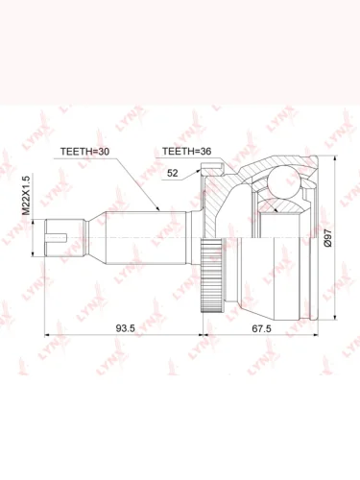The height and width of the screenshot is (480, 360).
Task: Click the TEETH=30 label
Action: (84, 152)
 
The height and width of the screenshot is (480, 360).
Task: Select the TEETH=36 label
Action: (186, 152)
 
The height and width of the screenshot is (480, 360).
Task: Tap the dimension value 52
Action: (172, 173)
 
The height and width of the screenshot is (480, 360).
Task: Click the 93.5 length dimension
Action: (126, 328)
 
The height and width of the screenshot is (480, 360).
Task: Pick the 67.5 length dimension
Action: (261, 328)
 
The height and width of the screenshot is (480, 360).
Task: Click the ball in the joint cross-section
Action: (284, 182)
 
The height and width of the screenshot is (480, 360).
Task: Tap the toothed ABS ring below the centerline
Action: (211, 276)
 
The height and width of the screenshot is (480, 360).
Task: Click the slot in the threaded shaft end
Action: (57, 238)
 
